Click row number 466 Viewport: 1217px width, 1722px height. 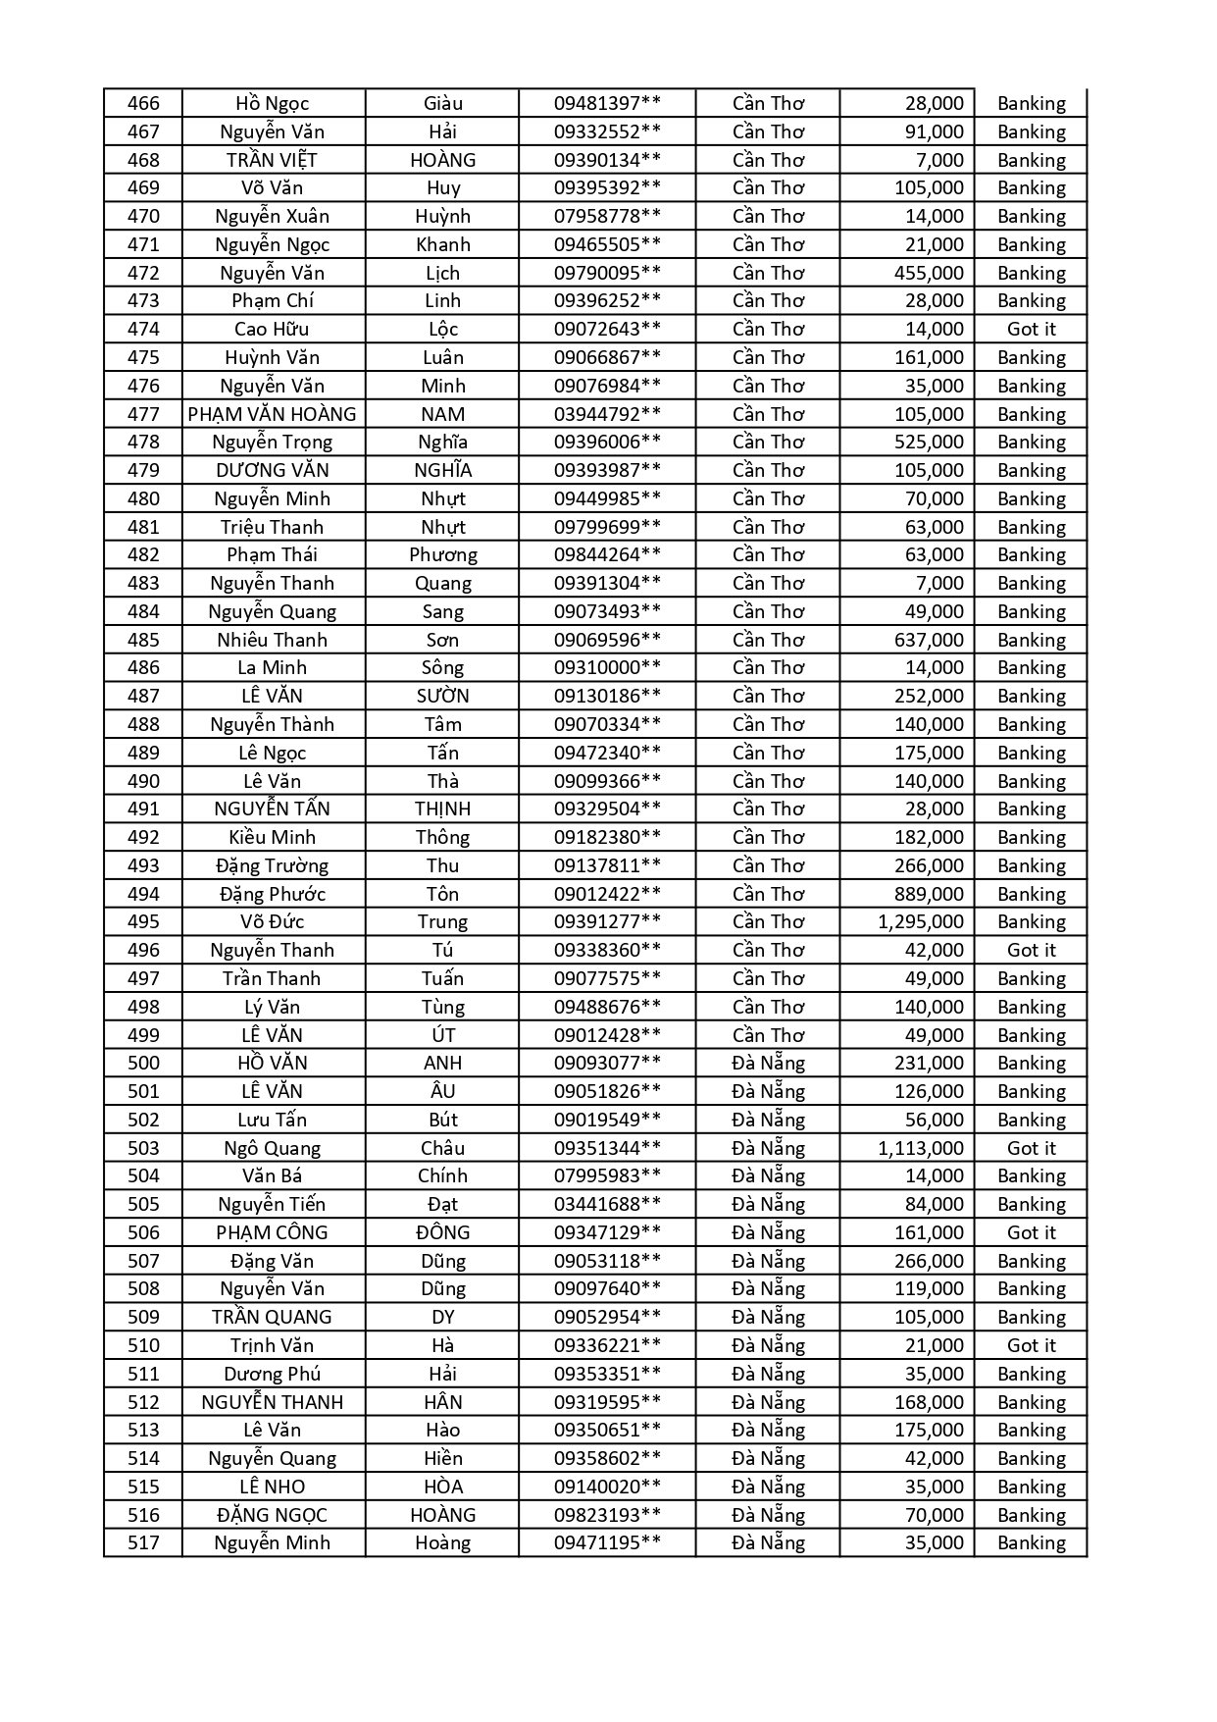tap(143, 103)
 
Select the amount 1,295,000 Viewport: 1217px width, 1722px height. tap(920, 921)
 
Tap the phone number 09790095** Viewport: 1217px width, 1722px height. tap(607, 273)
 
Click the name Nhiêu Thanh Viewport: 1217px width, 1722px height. tap(273, 640)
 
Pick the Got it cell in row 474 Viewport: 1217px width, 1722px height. tap(1031, 329)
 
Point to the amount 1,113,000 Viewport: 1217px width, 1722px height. tap(920, 1148)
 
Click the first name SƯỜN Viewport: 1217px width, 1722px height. tap(442, 696)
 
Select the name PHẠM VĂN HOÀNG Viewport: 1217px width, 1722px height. tap(273, 414)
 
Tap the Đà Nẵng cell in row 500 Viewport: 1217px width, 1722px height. tap(768, 1063)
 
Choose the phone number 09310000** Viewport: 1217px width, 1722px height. tap(607, 667)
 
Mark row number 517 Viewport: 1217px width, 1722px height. tap(143, 1542)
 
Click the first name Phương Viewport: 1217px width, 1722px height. tap(442, 554)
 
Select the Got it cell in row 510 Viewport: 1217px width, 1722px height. tap(1031, 1345)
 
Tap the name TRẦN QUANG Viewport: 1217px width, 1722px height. tap(273, 1317)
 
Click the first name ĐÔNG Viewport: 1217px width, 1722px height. tap(442, 1232)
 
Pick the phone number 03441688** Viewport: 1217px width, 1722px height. tap(607, 1204)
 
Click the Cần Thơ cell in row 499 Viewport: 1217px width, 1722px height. tap(768, 1035)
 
